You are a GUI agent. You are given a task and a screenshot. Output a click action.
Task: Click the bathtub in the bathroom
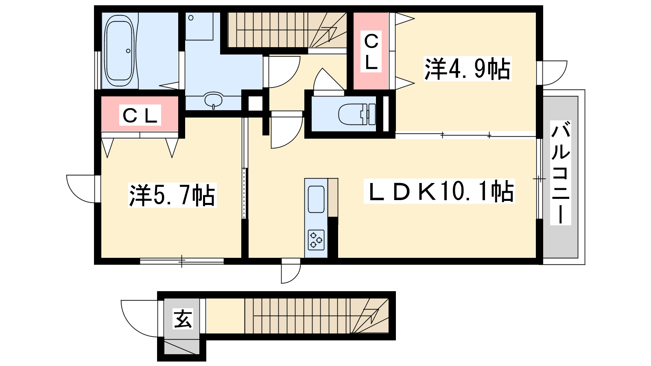(120, 50)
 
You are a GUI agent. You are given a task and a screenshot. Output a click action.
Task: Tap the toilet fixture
(357, 114)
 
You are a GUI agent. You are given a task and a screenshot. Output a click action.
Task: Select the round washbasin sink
(213, 100)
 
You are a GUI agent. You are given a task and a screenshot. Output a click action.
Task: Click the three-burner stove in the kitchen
(316, 240)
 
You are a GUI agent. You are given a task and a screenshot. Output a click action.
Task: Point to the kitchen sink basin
(316, 199)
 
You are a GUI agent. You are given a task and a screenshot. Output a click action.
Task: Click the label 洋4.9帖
(467, 69)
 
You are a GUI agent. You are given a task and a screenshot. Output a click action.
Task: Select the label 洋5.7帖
(173, 195)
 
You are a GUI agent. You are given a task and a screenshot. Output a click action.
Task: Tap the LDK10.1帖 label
(439, 191)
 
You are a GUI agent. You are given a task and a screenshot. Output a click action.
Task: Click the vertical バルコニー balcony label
(561, 173)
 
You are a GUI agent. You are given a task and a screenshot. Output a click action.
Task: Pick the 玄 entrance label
(183, 319)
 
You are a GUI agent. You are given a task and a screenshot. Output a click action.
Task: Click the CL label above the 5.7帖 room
(140, 115)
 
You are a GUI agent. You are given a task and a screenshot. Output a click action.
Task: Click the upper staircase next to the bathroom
(287, 30)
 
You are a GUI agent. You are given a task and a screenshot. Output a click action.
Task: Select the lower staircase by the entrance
(316, 316)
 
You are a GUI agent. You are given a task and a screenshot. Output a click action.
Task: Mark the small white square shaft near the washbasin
(255, 103)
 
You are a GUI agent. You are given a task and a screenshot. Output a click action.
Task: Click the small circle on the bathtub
(128, 51)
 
